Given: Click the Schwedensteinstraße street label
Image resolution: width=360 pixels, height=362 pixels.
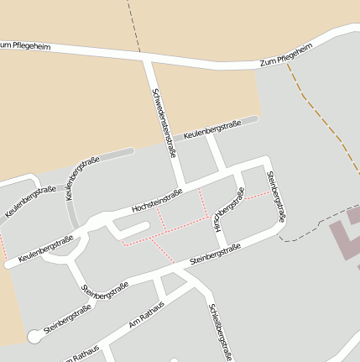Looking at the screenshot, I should [164, 123].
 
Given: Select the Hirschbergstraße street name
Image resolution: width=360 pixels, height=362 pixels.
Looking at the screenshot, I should [228, 210].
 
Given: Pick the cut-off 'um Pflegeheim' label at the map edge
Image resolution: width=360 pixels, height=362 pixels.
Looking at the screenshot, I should [25, 45].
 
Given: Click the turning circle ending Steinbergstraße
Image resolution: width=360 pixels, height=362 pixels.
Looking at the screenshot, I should [34, 336].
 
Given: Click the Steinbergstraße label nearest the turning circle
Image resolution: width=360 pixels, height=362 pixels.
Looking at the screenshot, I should [67, 320].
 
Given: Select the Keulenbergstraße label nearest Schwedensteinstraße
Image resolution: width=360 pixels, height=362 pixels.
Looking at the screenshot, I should [211, 130].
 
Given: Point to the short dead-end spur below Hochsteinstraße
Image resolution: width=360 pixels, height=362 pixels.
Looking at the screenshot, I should [133, 227].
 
